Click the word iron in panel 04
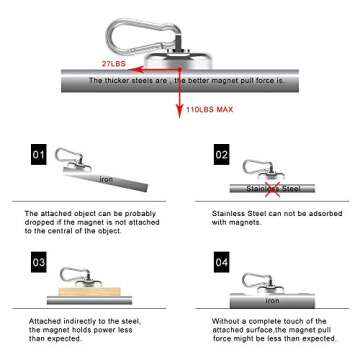(x=272, y=298)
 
